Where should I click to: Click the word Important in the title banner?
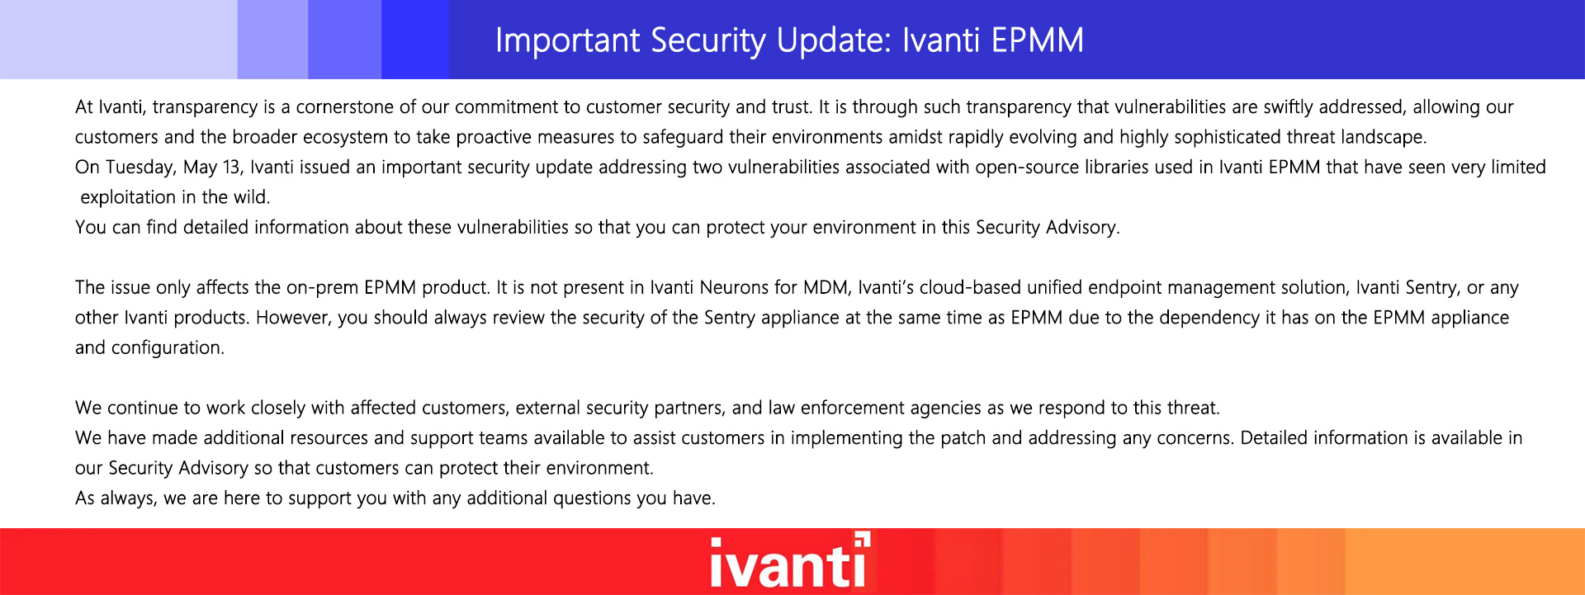click(x=568, y=40)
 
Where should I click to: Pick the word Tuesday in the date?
click(x=140, y=168)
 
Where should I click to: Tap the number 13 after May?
click(x=233, y=168)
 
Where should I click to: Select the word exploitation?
click(x=128, y=197)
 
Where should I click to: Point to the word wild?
click(x=251, y=197)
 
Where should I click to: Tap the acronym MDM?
click(x=827, y=288)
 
